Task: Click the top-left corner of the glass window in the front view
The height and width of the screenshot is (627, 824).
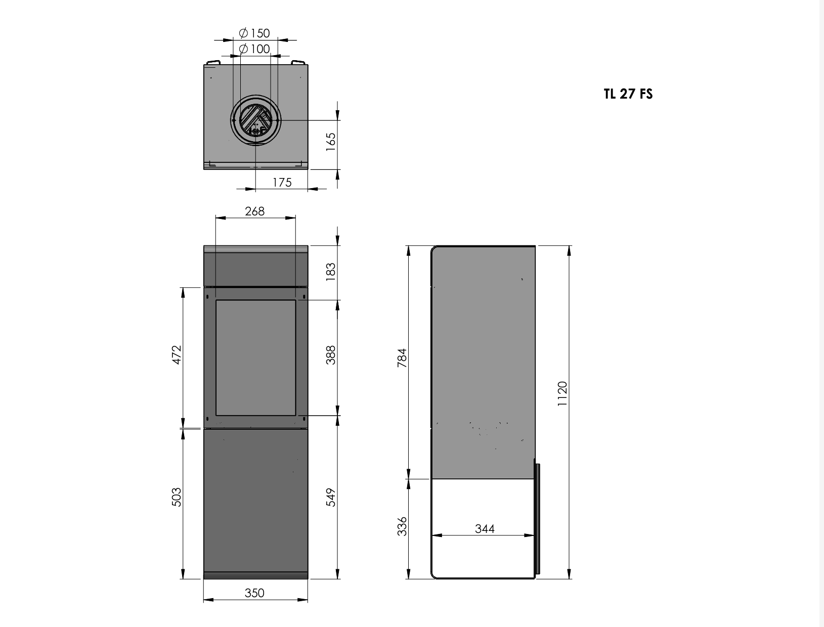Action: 216,300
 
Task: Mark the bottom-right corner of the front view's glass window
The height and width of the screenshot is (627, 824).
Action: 295,415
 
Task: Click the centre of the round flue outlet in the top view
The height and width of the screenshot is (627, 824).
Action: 255,120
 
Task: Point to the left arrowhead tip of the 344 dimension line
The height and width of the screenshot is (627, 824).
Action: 431,535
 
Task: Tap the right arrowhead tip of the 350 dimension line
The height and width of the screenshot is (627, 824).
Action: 308,600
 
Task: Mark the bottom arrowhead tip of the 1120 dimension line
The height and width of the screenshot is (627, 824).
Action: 569,579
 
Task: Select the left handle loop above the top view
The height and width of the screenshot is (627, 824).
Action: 212,62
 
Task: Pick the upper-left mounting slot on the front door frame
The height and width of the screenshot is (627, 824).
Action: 207,297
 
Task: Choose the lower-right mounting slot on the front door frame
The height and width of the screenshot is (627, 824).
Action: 303,418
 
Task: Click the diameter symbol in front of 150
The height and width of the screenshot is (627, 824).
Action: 243,33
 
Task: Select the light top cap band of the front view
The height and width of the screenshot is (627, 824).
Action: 255,249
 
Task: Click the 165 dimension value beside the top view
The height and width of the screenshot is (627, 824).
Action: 330,142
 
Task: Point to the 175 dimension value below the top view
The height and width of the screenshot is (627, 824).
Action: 282,183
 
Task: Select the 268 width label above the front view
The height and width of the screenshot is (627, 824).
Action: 254,211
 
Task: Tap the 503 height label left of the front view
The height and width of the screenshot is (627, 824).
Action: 177,497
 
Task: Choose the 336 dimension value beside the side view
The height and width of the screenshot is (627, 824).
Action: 402,526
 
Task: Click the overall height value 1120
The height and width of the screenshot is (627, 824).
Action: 562,393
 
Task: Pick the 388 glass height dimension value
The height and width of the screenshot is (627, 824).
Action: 330,355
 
